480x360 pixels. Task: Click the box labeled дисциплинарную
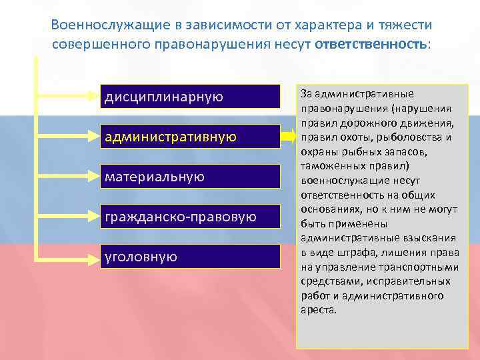pos(190,97)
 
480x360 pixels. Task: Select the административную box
pos(190,137)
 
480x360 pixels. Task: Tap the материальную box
pos(190,177)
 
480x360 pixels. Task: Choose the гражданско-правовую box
pos(190,217)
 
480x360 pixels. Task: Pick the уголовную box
pos(190,257)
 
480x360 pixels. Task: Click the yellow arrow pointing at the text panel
pos(288,137)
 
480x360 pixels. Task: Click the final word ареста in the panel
pos(319,310)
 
